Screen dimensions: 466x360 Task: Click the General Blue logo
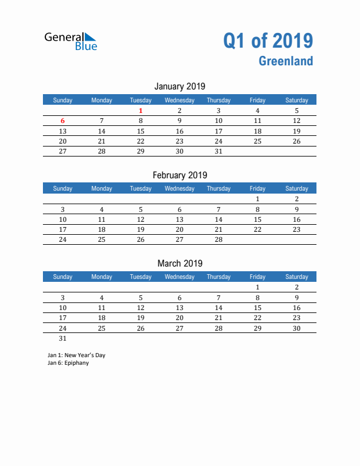pos(71,41)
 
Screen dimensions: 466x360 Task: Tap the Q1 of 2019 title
pos(268,41)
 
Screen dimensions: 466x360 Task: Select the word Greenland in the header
pos(285,61)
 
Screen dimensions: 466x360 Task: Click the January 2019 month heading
pos(179,86)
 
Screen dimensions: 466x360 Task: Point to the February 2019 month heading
pos(179,175)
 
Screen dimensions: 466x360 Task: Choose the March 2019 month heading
pos(179,263)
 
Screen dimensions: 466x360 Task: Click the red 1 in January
pos(141,111)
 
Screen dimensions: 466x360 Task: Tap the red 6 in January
pos(62,121)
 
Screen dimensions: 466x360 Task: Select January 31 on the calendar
pos(218,151)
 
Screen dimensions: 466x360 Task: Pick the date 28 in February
pos(218,239)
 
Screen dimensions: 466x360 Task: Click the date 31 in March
pos(63,338)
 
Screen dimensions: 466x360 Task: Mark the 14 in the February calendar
pos(218,219)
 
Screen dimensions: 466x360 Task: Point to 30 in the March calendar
pos(296,328)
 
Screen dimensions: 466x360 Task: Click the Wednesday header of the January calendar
pos(179,100)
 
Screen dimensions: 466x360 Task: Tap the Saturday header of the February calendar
pos(296,188)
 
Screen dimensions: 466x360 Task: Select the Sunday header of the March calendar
pos(63,277)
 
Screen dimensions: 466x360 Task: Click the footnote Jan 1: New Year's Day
pos(76,355)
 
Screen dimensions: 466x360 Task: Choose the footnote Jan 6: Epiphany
pos(68,363)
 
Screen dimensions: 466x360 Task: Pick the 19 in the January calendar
pos(296,131)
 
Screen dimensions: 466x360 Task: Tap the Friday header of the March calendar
pos(257,277)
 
